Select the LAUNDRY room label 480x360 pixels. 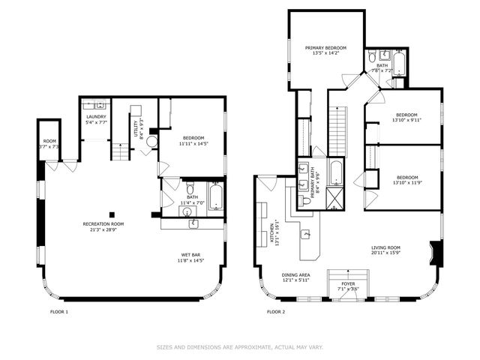96,116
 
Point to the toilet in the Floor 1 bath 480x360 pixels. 190,187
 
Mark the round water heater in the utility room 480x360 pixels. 152,140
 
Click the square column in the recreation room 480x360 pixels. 112,211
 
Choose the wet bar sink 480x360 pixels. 192,223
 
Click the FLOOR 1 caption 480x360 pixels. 59,311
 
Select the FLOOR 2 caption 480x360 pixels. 277,311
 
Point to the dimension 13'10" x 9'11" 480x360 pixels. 407,120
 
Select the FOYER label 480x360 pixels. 349,283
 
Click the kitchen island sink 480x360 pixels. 305,235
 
